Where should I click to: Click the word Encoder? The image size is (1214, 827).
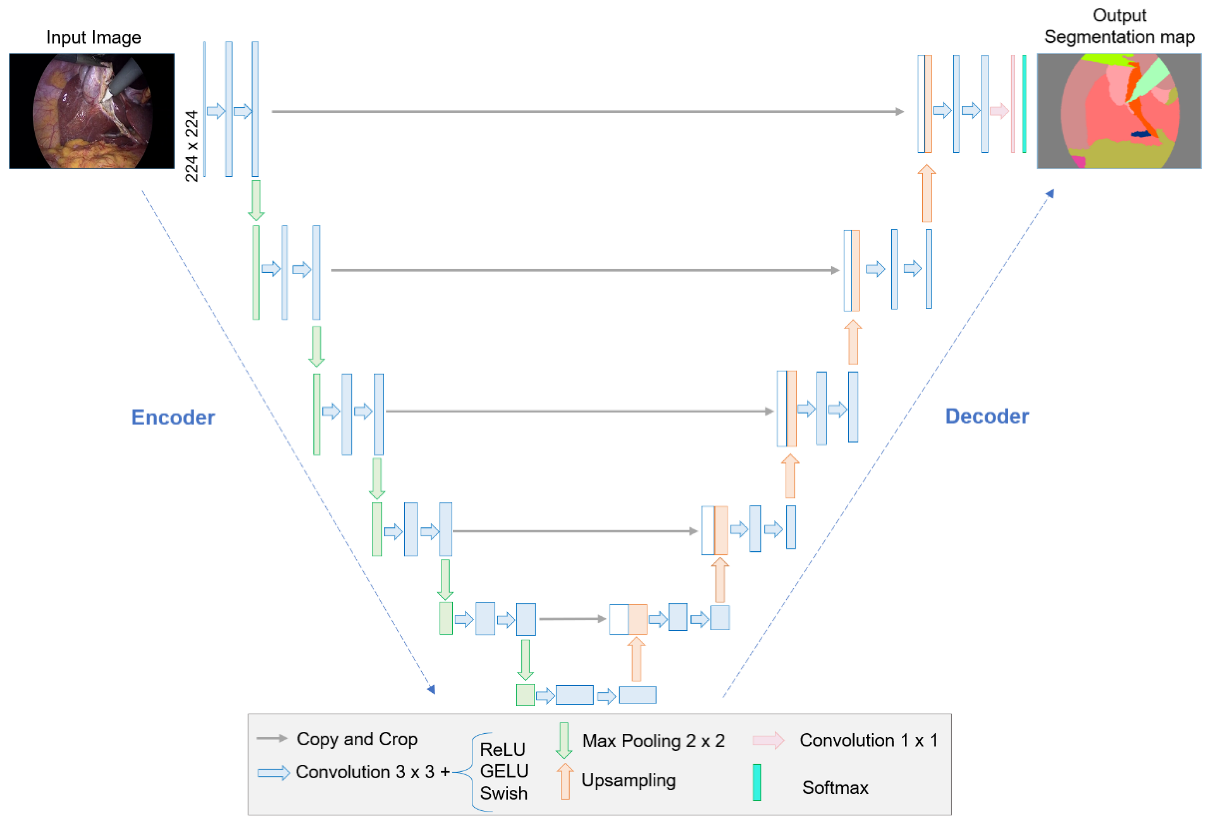click(172, 418)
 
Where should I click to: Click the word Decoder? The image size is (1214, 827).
click(986, 416)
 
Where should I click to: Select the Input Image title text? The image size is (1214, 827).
click(94, 38)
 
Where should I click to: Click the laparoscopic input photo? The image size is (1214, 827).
click(92, 111)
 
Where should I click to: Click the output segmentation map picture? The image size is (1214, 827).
click(1119, 111)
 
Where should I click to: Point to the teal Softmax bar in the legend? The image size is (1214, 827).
click(756, 782)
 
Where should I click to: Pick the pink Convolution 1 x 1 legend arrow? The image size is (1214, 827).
click(768, 740)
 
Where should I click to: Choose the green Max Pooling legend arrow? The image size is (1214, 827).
click(564, 740)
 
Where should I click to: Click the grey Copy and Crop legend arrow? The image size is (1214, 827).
click(272, 738)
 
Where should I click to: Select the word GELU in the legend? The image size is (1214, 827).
click(504, 771)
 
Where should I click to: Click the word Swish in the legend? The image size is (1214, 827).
click(504, 793)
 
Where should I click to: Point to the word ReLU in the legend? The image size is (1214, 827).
click(502, 749)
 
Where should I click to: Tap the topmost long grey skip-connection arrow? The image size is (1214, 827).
click(587, 111)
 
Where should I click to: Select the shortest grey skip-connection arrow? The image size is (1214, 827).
click(572, 619)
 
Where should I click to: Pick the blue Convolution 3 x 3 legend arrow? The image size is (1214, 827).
click(274, 773)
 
